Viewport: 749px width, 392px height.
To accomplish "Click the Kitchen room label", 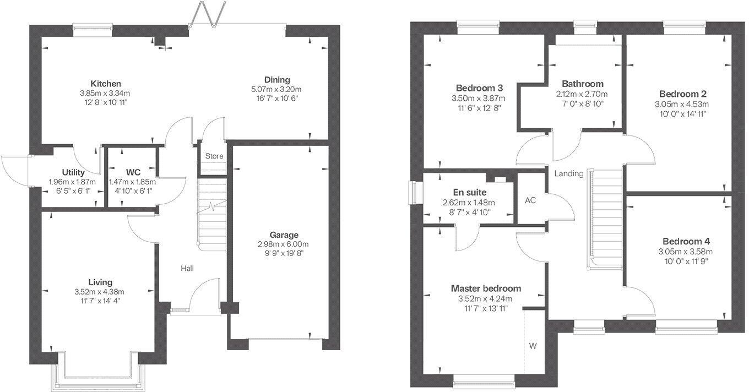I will [106, 84].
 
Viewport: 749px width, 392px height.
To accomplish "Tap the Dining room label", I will [276, 79].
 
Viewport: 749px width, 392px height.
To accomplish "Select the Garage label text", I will [284, 235].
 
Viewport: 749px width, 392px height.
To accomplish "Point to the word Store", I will [214, 156].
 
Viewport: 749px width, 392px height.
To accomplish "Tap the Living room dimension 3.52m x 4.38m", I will [99, 292].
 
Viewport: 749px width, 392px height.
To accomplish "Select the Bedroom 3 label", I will [479, 88].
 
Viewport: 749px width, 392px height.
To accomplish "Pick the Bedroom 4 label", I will [686, 241].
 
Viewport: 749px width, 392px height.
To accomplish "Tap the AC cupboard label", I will [530, 200].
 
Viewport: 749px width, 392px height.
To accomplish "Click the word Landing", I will [568, 173].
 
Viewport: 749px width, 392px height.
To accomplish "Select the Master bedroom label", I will [485, 288].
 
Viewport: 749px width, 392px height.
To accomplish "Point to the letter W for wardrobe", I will [533, 346].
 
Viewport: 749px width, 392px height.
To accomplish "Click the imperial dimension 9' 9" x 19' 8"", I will [284, 253].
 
